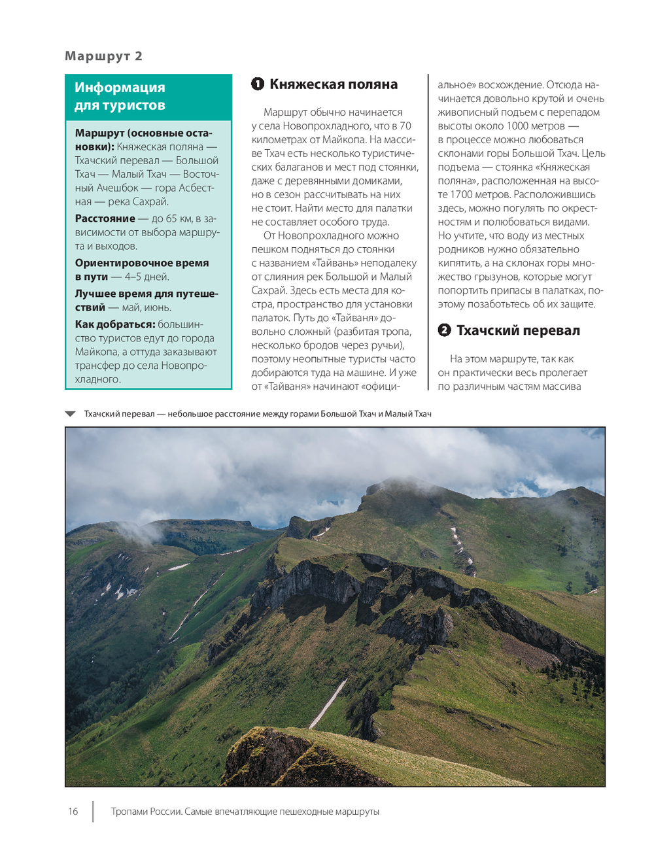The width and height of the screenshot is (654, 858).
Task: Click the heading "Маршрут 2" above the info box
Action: pos(103,56)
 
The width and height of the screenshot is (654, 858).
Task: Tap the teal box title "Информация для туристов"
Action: pos(120,96)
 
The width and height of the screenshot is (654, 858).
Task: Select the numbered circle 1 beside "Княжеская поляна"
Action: pos(258,84)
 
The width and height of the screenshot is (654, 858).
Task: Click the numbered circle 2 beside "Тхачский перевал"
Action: pos(444,330)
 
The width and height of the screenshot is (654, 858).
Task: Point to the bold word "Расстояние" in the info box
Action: pos(105,218)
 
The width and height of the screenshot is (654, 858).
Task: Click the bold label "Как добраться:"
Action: pos(114,324)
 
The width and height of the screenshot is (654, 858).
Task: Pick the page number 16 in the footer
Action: pos(73,812)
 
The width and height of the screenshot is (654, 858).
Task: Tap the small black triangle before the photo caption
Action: pos(71,414)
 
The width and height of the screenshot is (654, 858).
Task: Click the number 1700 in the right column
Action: pos(464,194)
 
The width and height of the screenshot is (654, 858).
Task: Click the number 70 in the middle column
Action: pos(405,126)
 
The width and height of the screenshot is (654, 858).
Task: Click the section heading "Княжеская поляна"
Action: pos(334,84)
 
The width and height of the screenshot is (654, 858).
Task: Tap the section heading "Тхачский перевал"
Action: pos(518,330)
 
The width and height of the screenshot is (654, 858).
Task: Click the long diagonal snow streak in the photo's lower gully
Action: pos(328,704)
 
